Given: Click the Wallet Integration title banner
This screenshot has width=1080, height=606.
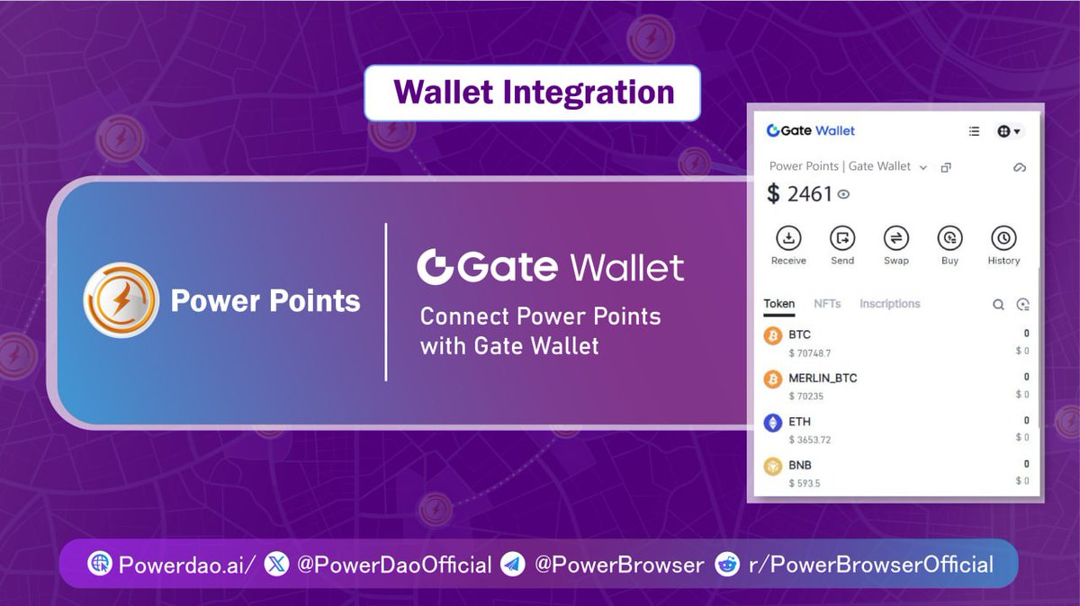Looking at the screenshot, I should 532,93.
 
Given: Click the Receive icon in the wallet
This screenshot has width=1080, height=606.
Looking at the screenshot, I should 788,238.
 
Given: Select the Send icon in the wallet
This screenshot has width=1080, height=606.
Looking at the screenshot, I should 842,238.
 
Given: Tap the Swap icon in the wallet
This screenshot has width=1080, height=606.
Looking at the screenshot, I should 896,238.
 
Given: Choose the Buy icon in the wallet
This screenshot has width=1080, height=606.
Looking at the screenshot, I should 949,238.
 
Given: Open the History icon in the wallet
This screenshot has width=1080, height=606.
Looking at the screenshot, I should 1003,238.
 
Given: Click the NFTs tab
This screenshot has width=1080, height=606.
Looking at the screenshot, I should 827,304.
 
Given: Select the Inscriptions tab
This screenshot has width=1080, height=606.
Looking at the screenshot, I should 889,304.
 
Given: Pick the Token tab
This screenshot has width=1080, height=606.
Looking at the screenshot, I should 779,304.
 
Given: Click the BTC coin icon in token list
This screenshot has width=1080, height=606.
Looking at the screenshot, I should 772,336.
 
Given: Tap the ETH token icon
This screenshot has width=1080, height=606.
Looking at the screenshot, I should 772,423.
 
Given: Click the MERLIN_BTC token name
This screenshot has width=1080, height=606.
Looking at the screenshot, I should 823,379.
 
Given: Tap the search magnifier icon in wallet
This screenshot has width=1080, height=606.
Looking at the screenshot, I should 998,305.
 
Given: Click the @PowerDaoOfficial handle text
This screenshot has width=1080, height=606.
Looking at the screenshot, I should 393,565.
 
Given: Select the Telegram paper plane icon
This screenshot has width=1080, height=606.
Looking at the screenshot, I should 513,564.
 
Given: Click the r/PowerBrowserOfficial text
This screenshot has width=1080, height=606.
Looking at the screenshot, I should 870,565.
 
